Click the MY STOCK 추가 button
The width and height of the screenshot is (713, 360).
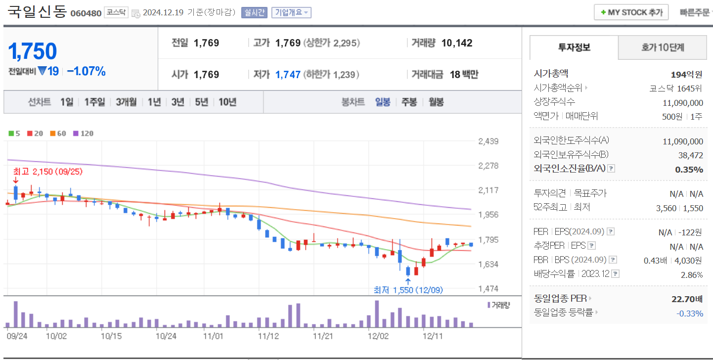coord(631,12)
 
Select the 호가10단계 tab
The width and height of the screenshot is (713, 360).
coord(663,47)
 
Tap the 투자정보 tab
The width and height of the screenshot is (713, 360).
coord(574,47)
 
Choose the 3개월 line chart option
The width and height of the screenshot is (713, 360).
coord(126,102)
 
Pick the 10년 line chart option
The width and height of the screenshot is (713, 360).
coord(227,102)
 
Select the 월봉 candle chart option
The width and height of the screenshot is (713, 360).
coord(436,102)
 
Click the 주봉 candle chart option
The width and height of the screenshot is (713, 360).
coord(409,102)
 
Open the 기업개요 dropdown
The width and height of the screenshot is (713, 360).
coord(291,12)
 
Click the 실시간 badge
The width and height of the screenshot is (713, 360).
coord(253,12)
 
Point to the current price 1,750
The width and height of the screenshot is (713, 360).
coord(33,51)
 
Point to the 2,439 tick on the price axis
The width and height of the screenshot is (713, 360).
coord(488,141)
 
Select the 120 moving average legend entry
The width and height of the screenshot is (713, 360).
coord(83,133)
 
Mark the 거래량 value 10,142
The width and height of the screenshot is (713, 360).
coord(456,43)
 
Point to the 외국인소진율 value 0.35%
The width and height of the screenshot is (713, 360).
coord(689,170)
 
